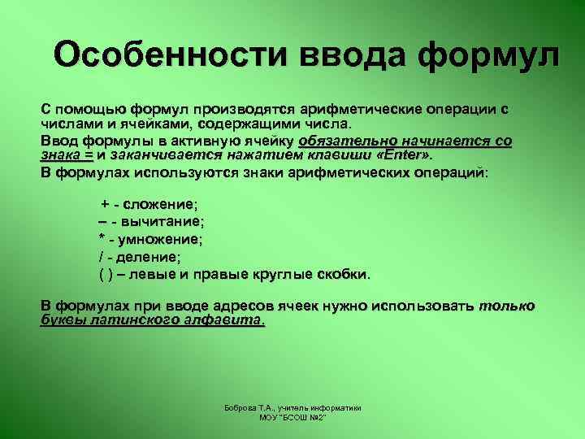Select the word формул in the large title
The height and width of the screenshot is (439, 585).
(490, 55)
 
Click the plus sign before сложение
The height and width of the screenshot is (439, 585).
(104, 203)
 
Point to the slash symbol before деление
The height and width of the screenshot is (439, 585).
(100, 256)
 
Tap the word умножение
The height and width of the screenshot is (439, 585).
(162, 239)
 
